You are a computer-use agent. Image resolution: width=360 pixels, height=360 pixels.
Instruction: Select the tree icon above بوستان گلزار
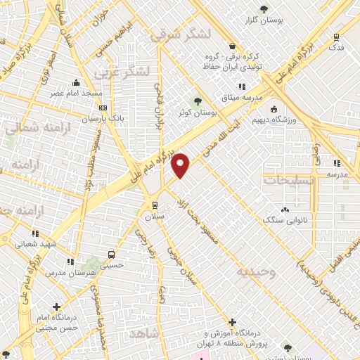point(264,8)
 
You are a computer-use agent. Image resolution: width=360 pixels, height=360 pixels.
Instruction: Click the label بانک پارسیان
point(103,119)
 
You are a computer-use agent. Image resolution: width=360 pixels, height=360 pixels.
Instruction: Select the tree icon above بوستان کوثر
point(198,100)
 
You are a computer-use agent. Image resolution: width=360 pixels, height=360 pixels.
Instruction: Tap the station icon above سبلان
point(155,205)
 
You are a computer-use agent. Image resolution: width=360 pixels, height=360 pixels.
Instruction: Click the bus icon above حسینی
point(110,255)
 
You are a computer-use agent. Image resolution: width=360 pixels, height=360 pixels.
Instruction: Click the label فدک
point(337,47)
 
